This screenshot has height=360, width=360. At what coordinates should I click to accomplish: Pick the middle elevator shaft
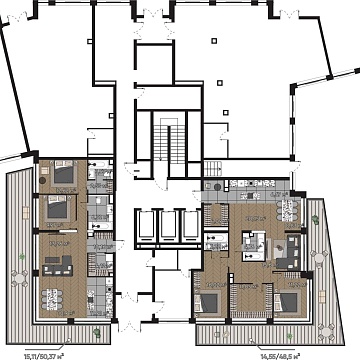click(x=165, y=226)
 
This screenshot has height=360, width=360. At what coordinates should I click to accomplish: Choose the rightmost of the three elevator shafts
click(x=187, y=226)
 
